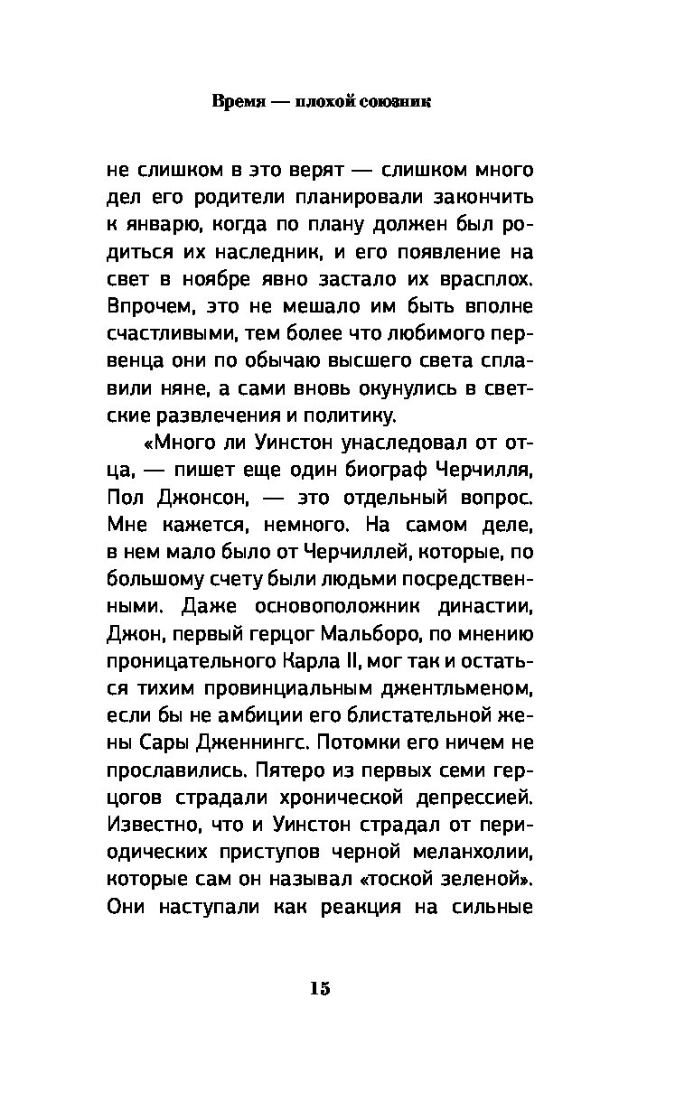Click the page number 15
[320, 988]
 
